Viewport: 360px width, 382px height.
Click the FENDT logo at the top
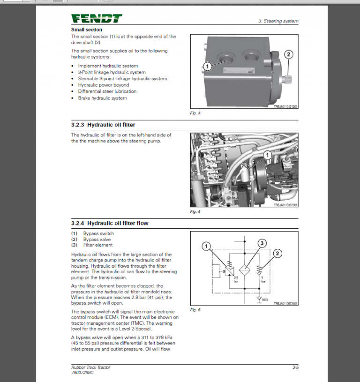click(x=97, y=19)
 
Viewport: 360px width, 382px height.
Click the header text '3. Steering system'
click(x=278, y=21)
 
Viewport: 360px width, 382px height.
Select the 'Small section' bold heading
click(x=86, y=30)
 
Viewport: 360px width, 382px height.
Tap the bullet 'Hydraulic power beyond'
click(x=103, y=85)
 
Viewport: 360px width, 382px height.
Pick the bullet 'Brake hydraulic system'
click(x=102, y=98)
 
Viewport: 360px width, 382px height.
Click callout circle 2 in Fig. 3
click(x=289, y=54)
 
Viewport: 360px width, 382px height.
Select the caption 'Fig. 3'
click(x=195, y=113)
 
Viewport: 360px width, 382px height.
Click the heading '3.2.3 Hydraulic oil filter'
click(x=103, y=125)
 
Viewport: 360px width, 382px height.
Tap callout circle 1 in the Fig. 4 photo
click(x=267, y=154)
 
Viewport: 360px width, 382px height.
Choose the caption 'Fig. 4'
click(x=195, y=212)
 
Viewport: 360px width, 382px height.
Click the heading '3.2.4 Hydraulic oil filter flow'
click(x=110, y=223)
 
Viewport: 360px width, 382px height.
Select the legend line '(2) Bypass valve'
click(x=92, y=239)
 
